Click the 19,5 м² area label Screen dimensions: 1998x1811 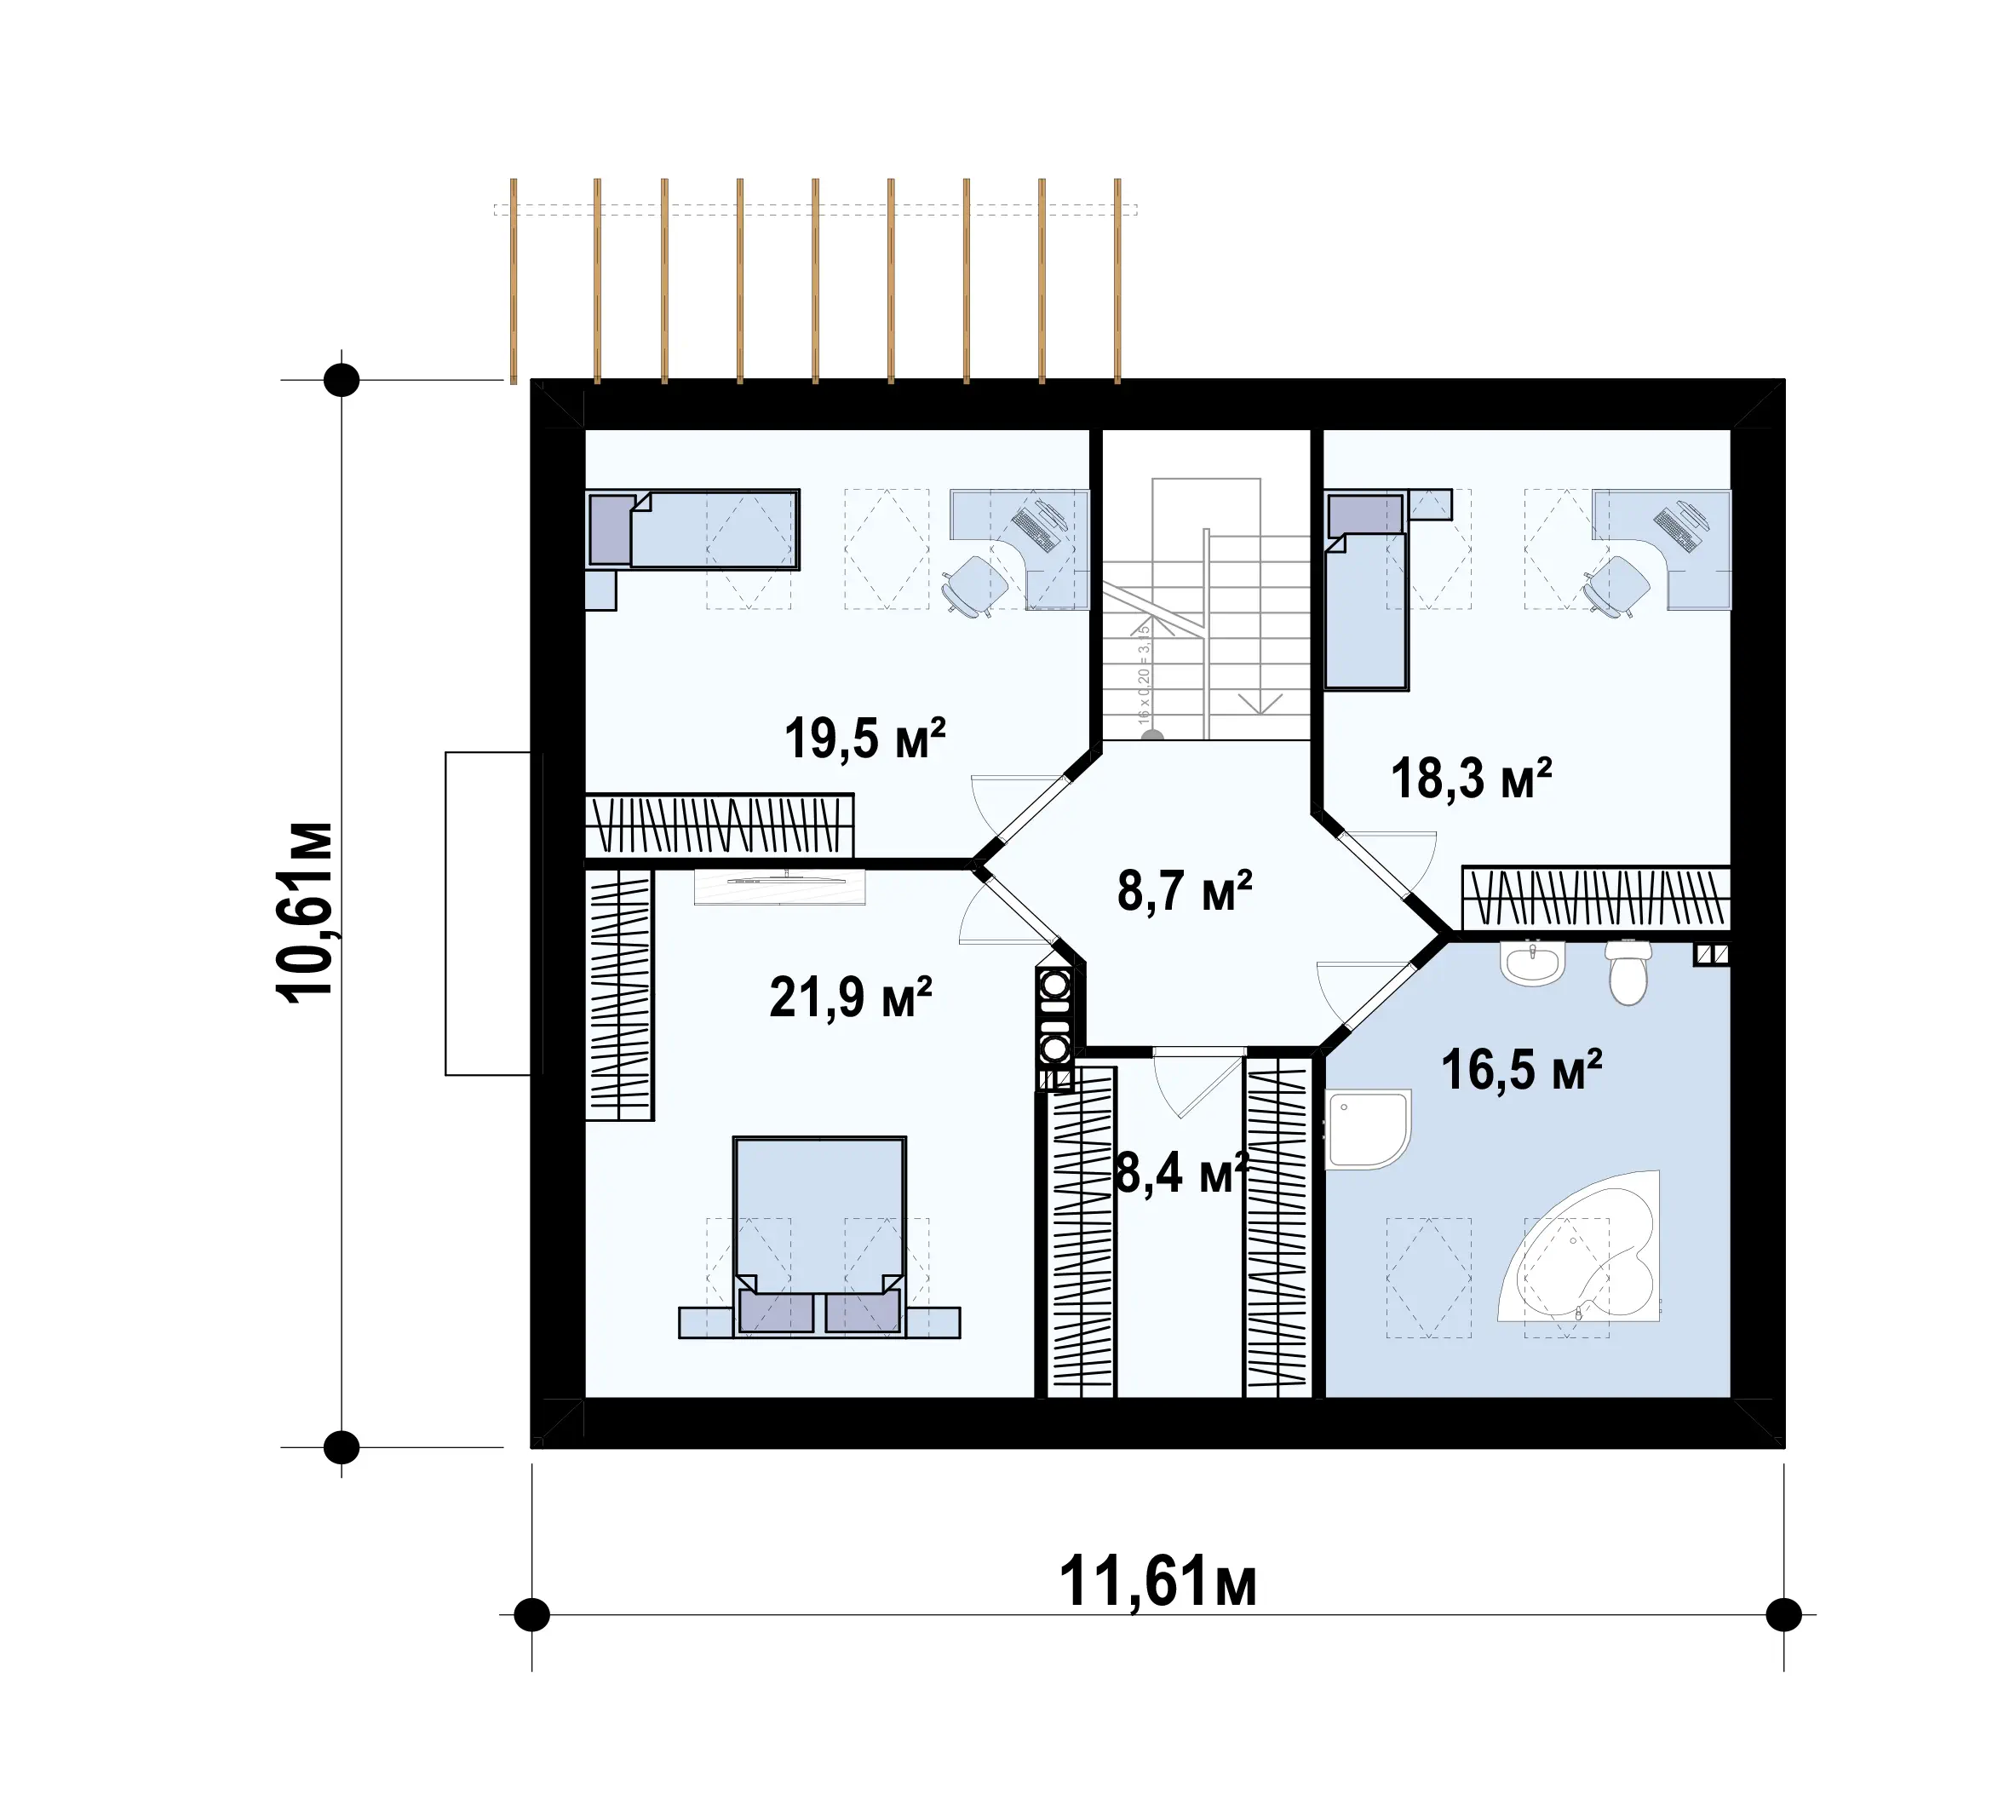tap(865, 739)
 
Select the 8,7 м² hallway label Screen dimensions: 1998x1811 tap(1185, 890)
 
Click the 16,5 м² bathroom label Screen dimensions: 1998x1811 tap(1521, 1071)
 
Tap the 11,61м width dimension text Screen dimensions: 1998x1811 tap(1157, 1582)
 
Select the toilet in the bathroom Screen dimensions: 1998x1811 tap(1628, 971)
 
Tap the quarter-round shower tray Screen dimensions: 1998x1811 tap(1368, 1131)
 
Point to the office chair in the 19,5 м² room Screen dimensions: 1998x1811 tap(974, 586)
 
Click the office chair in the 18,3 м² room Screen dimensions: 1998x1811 tap(1616, 586)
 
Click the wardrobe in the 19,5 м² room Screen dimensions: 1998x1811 tap(720, 825)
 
